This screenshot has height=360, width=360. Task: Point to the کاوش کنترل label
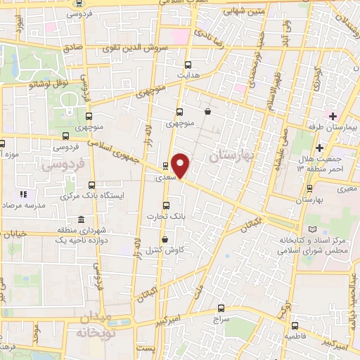[x=169, y=250]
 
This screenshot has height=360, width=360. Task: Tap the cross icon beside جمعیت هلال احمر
[x=319, y=148]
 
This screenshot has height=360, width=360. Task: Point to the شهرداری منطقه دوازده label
[x=67, y=236]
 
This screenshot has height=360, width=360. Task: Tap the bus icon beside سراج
[x=221, y=308]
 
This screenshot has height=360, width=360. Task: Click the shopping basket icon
[x=207, y=111]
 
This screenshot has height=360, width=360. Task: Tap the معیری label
[x=347, y=188]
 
